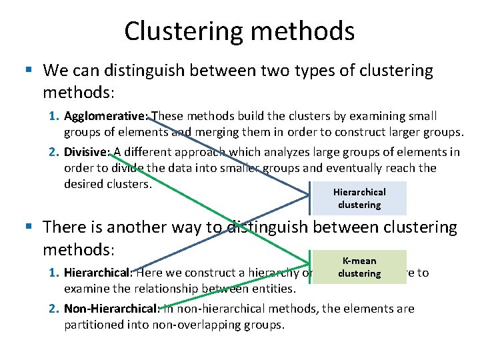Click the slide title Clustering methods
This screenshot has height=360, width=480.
pos(239,31)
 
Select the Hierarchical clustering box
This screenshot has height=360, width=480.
pos(359,199)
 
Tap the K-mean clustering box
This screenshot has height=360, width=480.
pos(359,267)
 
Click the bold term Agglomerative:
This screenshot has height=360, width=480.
pos(107,117)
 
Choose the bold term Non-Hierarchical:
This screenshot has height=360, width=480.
pos(112,309)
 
